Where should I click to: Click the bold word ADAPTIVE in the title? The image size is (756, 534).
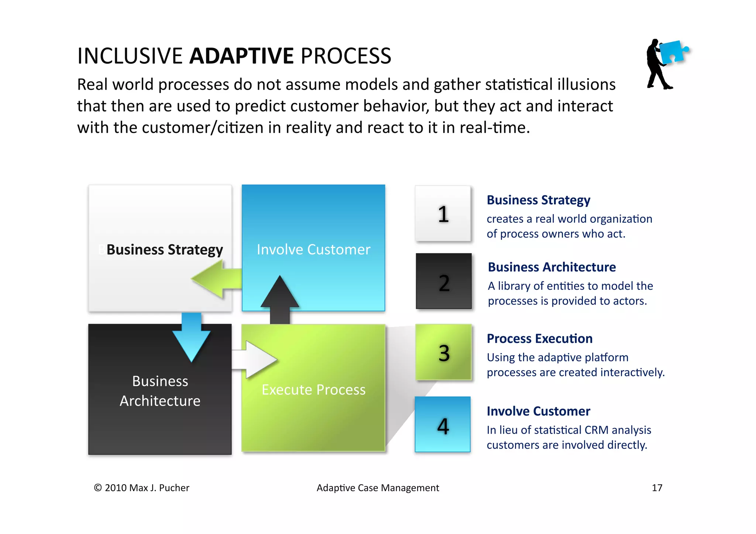tap(241, 56)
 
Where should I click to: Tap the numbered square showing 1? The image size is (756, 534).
tap(443, 214)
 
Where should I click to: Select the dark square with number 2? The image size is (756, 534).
tap(443, 281)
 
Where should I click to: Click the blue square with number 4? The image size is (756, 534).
tap(442, 424)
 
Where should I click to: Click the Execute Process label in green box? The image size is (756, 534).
tap(313, 390)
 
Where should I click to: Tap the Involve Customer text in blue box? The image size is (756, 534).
tap(313, 249)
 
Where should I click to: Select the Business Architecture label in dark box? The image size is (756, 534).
tap(160, 391)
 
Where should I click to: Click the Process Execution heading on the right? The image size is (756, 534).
tap(539, 338)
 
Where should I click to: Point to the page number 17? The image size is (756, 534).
tap(657, 488)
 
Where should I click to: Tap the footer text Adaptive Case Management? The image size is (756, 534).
tap(378, 488)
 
